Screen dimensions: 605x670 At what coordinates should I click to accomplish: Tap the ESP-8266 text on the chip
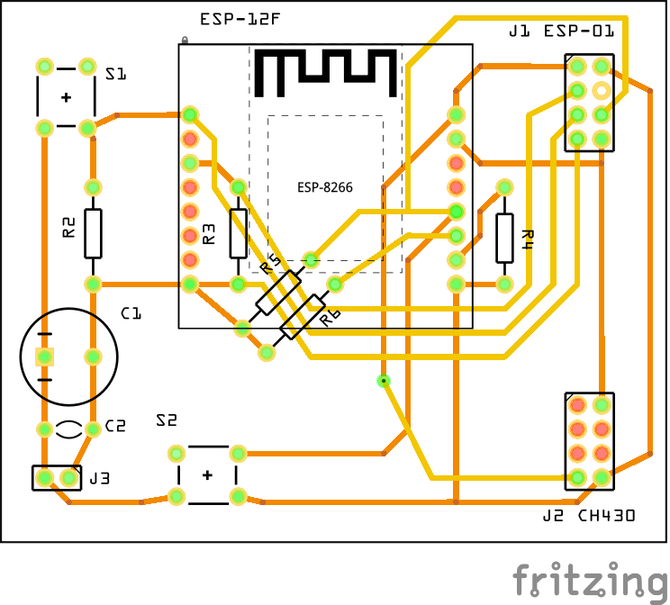tap(325, 188)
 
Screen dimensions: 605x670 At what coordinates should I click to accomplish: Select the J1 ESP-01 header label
tap(562, 32)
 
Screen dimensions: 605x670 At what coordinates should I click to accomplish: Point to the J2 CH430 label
tap(589, 516)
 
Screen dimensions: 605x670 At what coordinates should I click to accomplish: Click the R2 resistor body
tap(93, 232)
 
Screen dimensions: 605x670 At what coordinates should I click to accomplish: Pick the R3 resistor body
tap(238, 233)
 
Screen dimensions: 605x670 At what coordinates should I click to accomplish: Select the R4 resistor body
tap(504, 238)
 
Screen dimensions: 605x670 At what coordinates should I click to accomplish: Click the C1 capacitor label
tap(131, 313)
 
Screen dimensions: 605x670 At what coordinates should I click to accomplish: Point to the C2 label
tap(115, 426)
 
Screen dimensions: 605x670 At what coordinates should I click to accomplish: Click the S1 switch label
tap(115, 75)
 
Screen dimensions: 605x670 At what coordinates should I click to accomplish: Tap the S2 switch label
tap(167, 420)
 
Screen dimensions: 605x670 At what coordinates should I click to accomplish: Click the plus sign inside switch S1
tap(66, 97)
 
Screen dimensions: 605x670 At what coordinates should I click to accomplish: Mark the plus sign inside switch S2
tap(207, 474)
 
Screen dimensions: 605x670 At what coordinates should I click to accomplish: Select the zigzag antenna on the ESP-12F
tap(325, 72)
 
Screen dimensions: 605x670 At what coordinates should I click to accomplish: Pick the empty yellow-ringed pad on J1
tap(602, 90)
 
